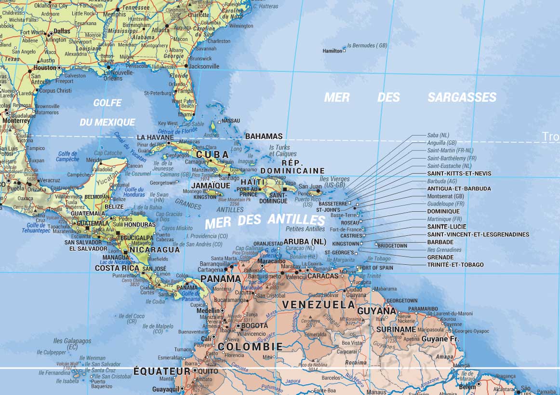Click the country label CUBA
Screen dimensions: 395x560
212,154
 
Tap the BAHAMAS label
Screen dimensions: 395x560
264,136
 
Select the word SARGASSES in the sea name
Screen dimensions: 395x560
462,97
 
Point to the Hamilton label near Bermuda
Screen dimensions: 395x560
332,51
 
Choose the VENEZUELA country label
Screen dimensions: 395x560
318,304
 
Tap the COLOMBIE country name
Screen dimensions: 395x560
250,346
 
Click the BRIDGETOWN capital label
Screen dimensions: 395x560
392,246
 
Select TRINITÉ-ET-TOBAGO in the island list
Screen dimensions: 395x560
455,265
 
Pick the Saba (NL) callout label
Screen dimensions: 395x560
438,135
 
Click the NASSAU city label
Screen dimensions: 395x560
230,121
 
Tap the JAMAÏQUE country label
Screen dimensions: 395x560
211,185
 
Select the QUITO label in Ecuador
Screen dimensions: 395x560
208,371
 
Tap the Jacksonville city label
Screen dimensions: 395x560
204,67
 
